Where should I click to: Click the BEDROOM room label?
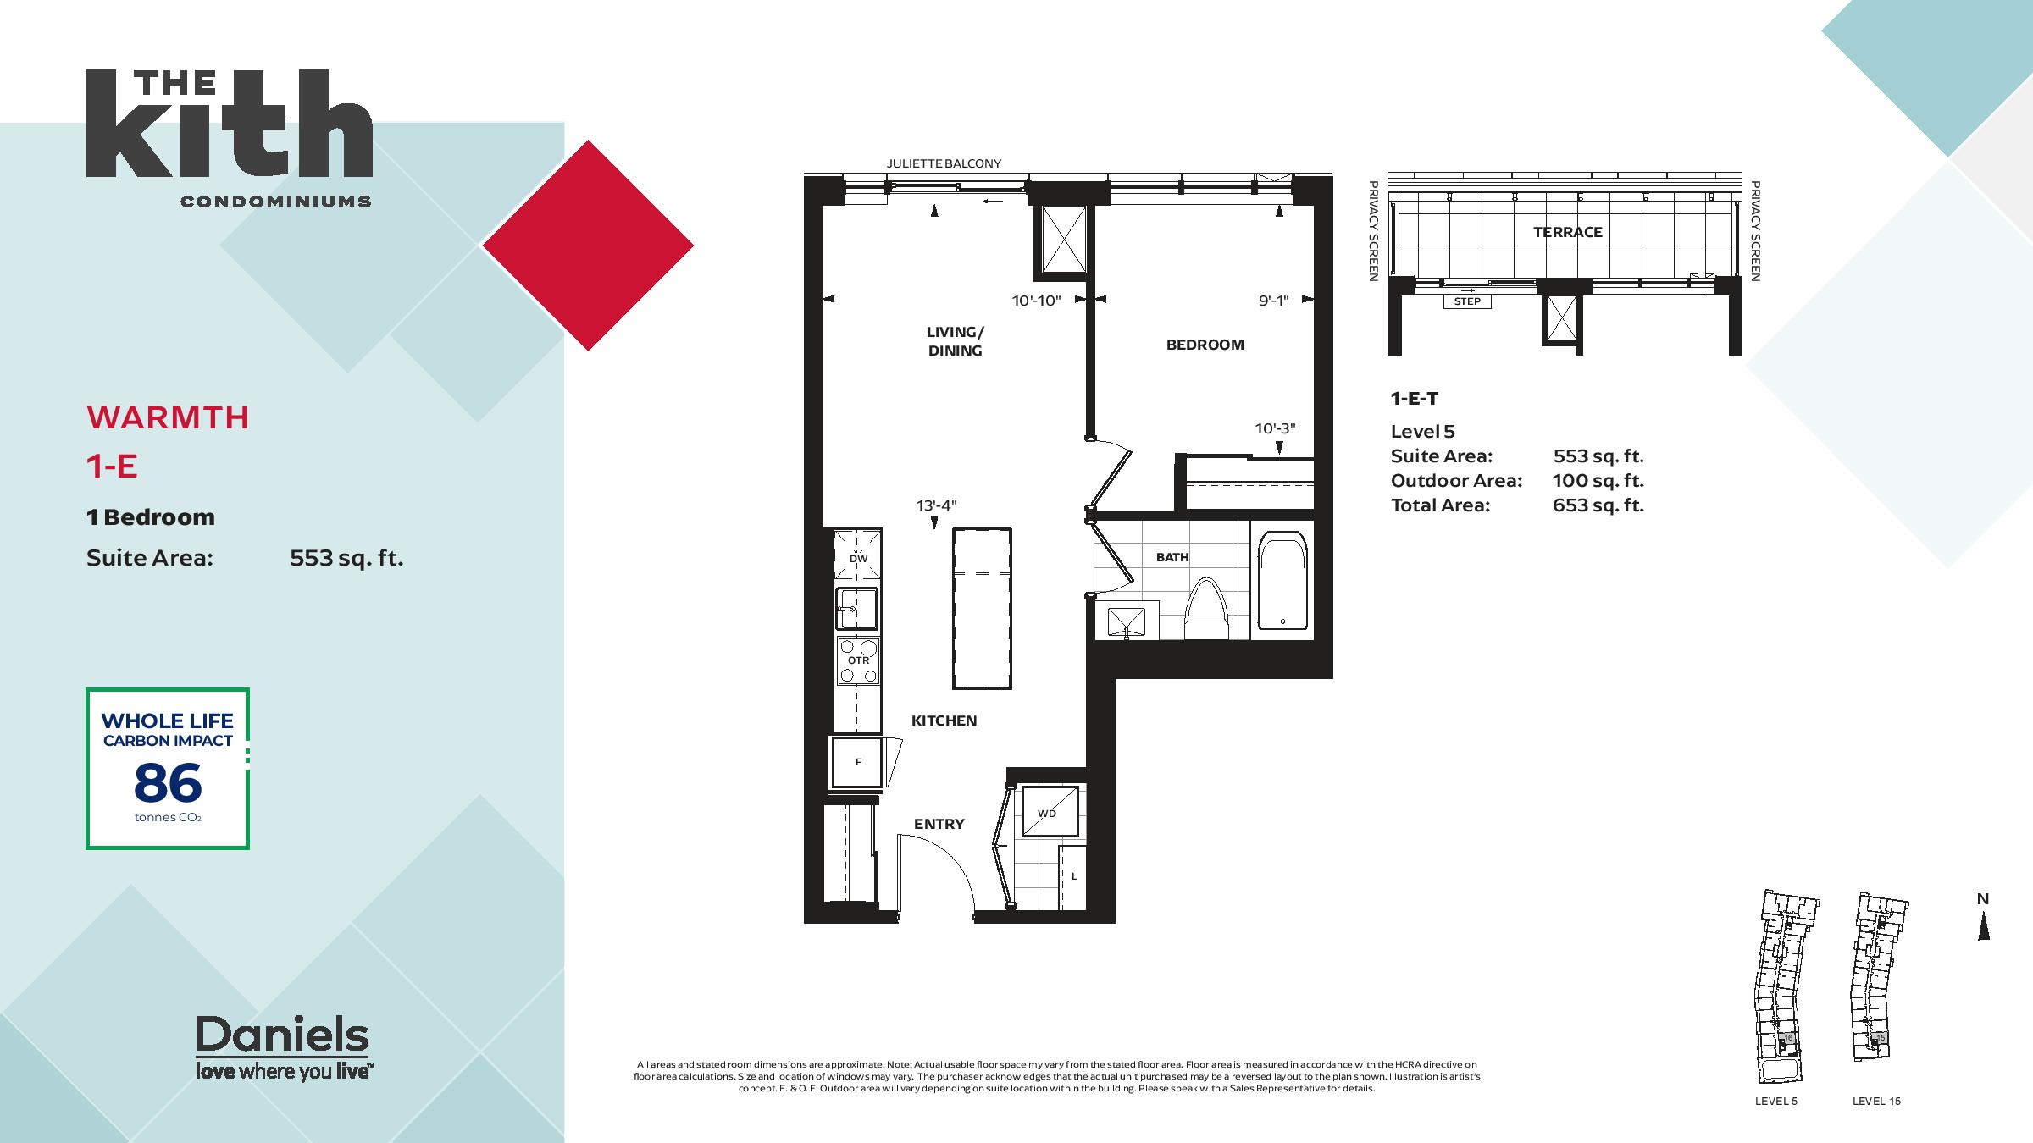point(1205,345)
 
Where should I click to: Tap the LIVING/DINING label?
point(955,341)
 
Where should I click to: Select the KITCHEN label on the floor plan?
point(944,721)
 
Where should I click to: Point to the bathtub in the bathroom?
point(1282,580)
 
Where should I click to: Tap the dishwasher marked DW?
point(858,555)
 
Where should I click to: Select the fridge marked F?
point(858,762)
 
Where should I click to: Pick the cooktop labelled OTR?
point(858,660)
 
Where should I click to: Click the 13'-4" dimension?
point(936,505)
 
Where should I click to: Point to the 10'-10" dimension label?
point(1036,301)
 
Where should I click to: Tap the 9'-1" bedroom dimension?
point(1273,301)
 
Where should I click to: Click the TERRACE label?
point(1567,232)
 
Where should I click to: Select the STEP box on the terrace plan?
point(1467,301)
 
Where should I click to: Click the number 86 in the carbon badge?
point(168,783)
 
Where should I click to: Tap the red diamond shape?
point(588,246)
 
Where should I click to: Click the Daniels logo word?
point(282,1034)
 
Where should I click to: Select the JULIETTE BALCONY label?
point(944,163)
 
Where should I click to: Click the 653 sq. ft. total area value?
point(1598,505)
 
